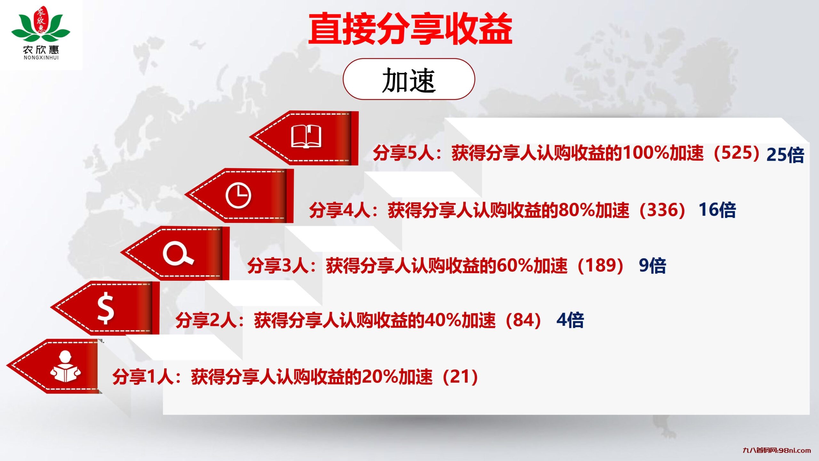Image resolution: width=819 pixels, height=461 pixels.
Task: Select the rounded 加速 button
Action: point(409,79)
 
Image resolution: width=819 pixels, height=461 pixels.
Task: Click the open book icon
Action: point(306,137)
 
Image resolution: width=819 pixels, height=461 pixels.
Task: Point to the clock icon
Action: point(238,196)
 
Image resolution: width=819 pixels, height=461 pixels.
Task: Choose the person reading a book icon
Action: point(65,367)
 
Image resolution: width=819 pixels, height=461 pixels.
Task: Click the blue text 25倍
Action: point(785,155)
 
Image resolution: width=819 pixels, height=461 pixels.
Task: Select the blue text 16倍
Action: point(717,210)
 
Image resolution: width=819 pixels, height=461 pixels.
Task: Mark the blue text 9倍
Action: point(652,266)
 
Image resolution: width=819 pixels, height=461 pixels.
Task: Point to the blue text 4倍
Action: point(570,320)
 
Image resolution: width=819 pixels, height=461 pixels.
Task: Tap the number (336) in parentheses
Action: point(662,210)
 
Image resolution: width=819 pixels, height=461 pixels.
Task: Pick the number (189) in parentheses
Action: point(600,266)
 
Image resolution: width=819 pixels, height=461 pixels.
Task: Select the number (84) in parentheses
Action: point(523,320)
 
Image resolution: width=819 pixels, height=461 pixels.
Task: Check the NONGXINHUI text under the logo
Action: point(41,58)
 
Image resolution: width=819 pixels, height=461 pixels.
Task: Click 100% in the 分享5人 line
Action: point(646,153)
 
